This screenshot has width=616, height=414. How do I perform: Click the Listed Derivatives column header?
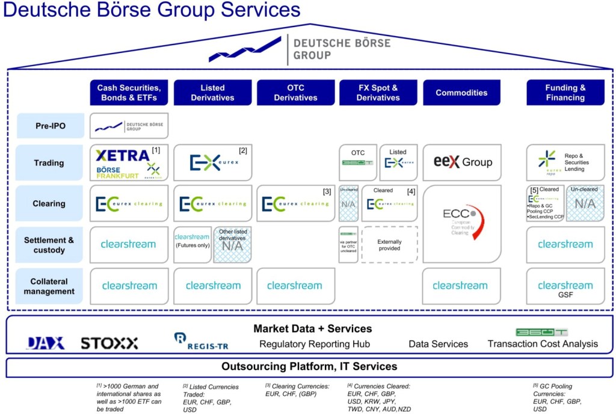[x=212, y=93]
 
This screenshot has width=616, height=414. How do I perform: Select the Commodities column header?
[x=461, y=93]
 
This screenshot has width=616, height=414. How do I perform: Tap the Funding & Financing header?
[x=565, y=93]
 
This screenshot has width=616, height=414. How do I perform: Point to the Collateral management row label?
[x=50, y=286]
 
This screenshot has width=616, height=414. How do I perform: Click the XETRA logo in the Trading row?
[x=123, y=155]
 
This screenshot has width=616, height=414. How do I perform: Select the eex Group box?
[x=463, y=162]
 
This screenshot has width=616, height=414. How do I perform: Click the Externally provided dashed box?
[x=389, y=245]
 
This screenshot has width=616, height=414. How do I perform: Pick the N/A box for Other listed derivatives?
[x=232, y=245]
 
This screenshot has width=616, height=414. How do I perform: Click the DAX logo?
[x=45, y=343]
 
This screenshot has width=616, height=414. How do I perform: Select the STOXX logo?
[x=109, y=343]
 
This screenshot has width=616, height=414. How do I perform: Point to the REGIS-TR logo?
[x=201, y=342]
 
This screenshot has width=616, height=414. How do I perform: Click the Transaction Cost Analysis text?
[x=543, y=344]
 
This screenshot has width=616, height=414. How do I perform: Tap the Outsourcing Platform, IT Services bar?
[x=309, y=366]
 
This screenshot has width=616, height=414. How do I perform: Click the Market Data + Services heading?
[x=312, y=329]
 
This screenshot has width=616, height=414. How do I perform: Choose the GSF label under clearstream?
[x=565, y=295]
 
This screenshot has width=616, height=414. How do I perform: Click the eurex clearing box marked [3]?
[x=295, y=203]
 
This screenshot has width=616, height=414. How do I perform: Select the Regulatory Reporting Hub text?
[x=315, y=344]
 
